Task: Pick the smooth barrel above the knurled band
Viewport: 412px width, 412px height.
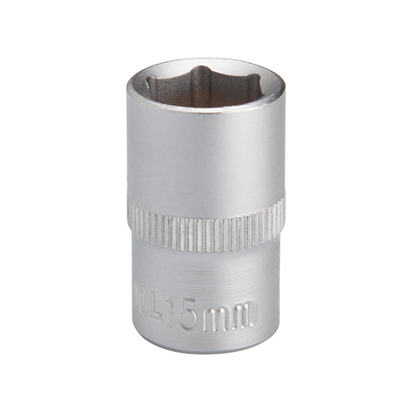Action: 206,158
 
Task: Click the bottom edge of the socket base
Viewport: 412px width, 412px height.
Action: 206,352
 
